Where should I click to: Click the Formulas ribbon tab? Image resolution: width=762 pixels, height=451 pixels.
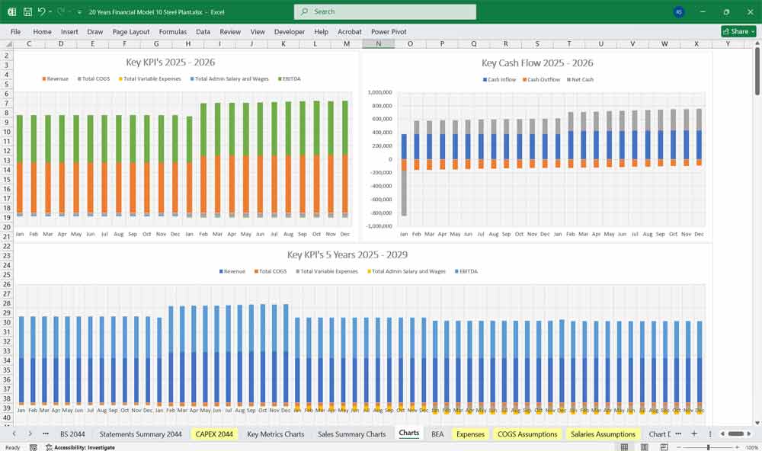[x=172, y=32]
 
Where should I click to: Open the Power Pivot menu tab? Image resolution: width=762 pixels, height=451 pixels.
[x=389, y=32]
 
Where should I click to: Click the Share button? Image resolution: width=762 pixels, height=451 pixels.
[x=738, y=31]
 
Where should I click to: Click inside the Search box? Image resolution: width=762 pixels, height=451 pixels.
[x=385, y=11]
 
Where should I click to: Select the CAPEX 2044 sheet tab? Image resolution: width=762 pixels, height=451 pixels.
[x=214, y=434]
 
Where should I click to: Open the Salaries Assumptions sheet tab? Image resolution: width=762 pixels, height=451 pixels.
[x=603, y=434]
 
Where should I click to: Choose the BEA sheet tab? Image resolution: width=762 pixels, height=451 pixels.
[x=437, y=434]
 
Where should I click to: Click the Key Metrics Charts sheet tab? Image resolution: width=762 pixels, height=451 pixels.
[x=275, y=434]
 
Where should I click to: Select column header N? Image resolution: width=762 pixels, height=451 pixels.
[x=379, y=43]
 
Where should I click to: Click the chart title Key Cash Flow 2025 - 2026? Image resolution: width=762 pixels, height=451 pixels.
[x=537, y=63]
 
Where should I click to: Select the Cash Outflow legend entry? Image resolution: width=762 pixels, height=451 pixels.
[x=543, y=79]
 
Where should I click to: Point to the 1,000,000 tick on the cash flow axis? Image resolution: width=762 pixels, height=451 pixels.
[x=379, y=92]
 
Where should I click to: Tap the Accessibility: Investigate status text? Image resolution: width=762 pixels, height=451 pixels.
[x=84, y=447]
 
